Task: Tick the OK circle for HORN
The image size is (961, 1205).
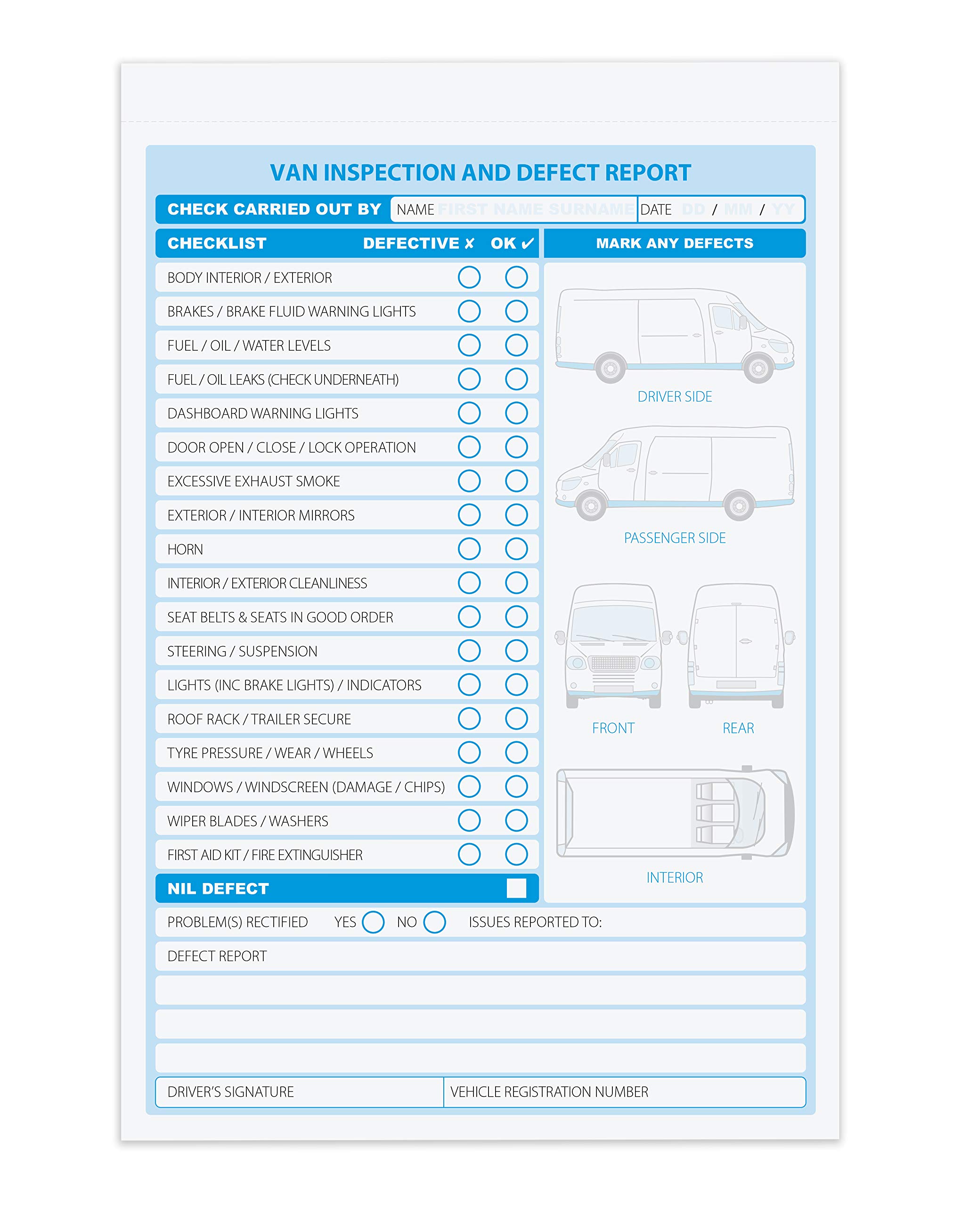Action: coord(516,549)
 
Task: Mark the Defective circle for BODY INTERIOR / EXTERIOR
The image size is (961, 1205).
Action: coord(469,277)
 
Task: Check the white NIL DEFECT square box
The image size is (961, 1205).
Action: coord(516,888)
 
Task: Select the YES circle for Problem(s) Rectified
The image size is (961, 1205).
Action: coord(373,922)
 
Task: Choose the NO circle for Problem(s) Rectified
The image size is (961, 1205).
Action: coord(434,922)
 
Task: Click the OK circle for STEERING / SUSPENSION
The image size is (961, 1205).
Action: coord(516,651)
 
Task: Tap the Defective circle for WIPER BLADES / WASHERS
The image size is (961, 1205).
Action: coord(469,820)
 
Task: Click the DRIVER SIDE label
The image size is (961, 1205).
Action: coord(674,397)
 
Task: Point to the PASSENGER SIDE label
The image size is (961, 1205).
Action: coord(674,538)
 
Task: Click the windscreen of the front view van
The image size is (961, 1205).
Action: coord(614,623)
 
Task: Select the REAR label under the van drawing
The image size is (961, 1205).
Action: coord(738,728)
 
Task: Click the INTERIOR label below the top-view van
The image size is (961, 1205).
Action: coord(674,877)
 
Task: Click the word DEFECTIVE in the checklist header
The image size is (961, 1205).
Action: coord(411,243)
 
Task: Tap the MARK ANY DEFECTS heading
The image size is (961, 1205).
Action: coord(674,243)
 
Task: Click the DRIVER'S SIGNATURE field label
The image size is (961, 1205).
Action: coord(230,1092)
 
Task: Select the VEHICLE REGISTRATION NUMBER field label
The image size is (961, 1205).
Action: coord(549,1092)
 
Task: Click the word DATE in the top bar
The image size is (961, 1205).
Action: coord(656,209)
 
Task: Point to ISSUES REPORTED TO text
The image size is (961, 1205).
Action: coord(535,922)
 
